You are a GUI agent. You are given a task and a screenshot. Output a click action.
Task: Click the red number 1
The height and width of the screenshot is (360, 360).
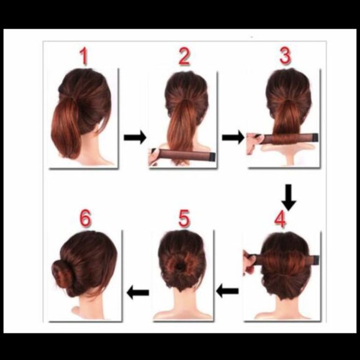(83, 57)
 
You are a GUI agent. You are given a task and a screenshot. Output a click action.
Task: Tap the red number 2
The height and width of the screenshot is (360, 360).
(184, 57)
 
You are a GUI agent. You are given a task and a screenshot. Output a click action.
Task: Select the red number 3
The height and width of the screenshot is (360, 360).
(285, 56)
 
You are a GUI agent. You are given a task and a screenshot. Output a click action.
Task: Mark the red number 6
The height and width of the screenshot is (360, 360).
(85, 218)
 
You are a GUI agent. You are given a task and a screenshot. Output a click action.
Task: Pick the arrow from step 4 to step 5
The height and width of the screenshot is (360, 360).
(228, 289)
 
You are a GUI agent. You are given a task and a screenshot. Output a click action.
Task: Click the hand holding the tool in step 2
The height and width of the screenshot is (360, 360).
(154, 157)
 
